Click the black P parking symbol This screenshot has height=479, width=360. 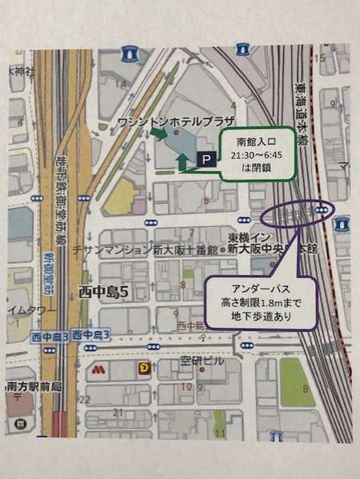(x=206, y=161)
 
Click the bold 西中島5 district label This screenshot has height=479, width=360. (x=103, y=293)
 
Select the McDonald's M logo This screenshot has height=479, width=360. (x=98, y=370)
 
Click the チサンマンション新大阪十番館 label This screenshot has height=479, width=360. (x=149, y=249)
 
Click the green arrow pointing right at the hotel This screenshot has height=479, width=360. (x=158, y=135)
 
